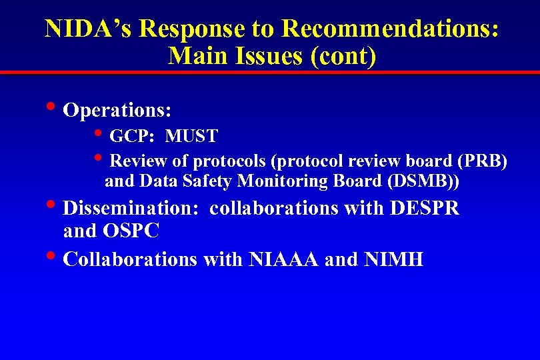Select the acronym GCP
pyautogui.click(x=132, y=137)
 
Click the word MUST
pyautogui.click(x=191, y=137)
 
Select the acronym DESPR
pyautogui.click(x=425, y=208)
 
